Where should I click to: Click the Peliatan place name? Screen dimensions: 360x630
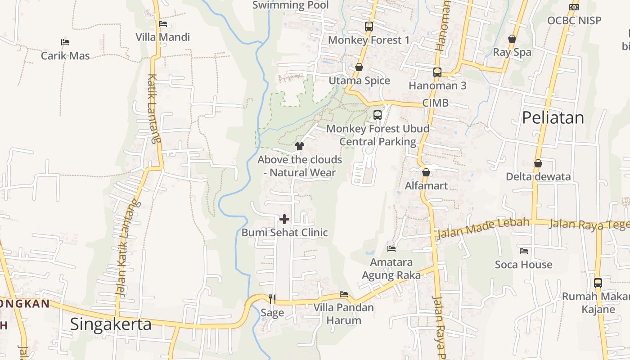coord(553,118)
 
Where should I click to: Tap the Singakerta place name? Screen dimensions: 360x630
coord(111,324)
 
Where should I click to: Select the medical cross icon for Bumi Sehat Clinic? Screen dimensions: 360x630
coord(284,219)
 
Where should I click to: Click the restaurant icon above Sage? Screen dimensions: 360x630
coord(272,299)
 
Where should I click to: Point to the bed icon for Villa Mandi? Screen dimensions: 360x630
coord(163,24)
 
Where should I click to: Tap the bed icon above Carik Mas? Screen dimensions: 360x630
coord(65,42)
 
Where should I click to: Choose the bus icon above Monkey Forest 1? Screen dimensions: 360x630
coord(369,27)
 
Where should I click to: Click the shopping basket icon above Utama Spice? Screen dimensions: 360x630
coord(359,67)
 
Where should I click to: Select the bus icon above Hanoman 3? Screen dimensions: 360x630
coord(437,72)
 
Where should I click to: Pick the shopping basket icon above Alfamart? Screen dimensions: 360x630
coord(426,172)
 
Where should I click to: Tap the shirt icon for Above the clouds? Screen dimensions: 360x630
coord(300,146)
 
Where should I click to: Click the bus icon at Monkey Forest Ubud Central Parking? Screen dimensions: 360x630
coord(378,115)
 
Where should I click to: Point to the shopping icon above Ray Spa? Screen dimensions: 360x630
coord(512,39)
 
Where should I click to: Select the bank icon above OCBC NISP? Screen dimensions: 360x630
coord(574,7)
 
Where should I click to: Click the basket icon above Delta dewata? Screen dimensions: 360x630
coord(538,163)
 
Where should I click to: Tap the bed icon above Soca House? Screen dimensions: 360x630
coord(523,251)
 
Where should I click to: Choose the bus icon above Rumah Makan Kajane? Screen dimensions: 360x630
coord(598,283)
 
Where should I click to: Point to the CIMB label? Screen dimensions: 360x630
coord(435,103)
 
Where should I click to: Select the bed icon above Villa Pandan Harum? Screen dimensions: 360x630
coord(344,294)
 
